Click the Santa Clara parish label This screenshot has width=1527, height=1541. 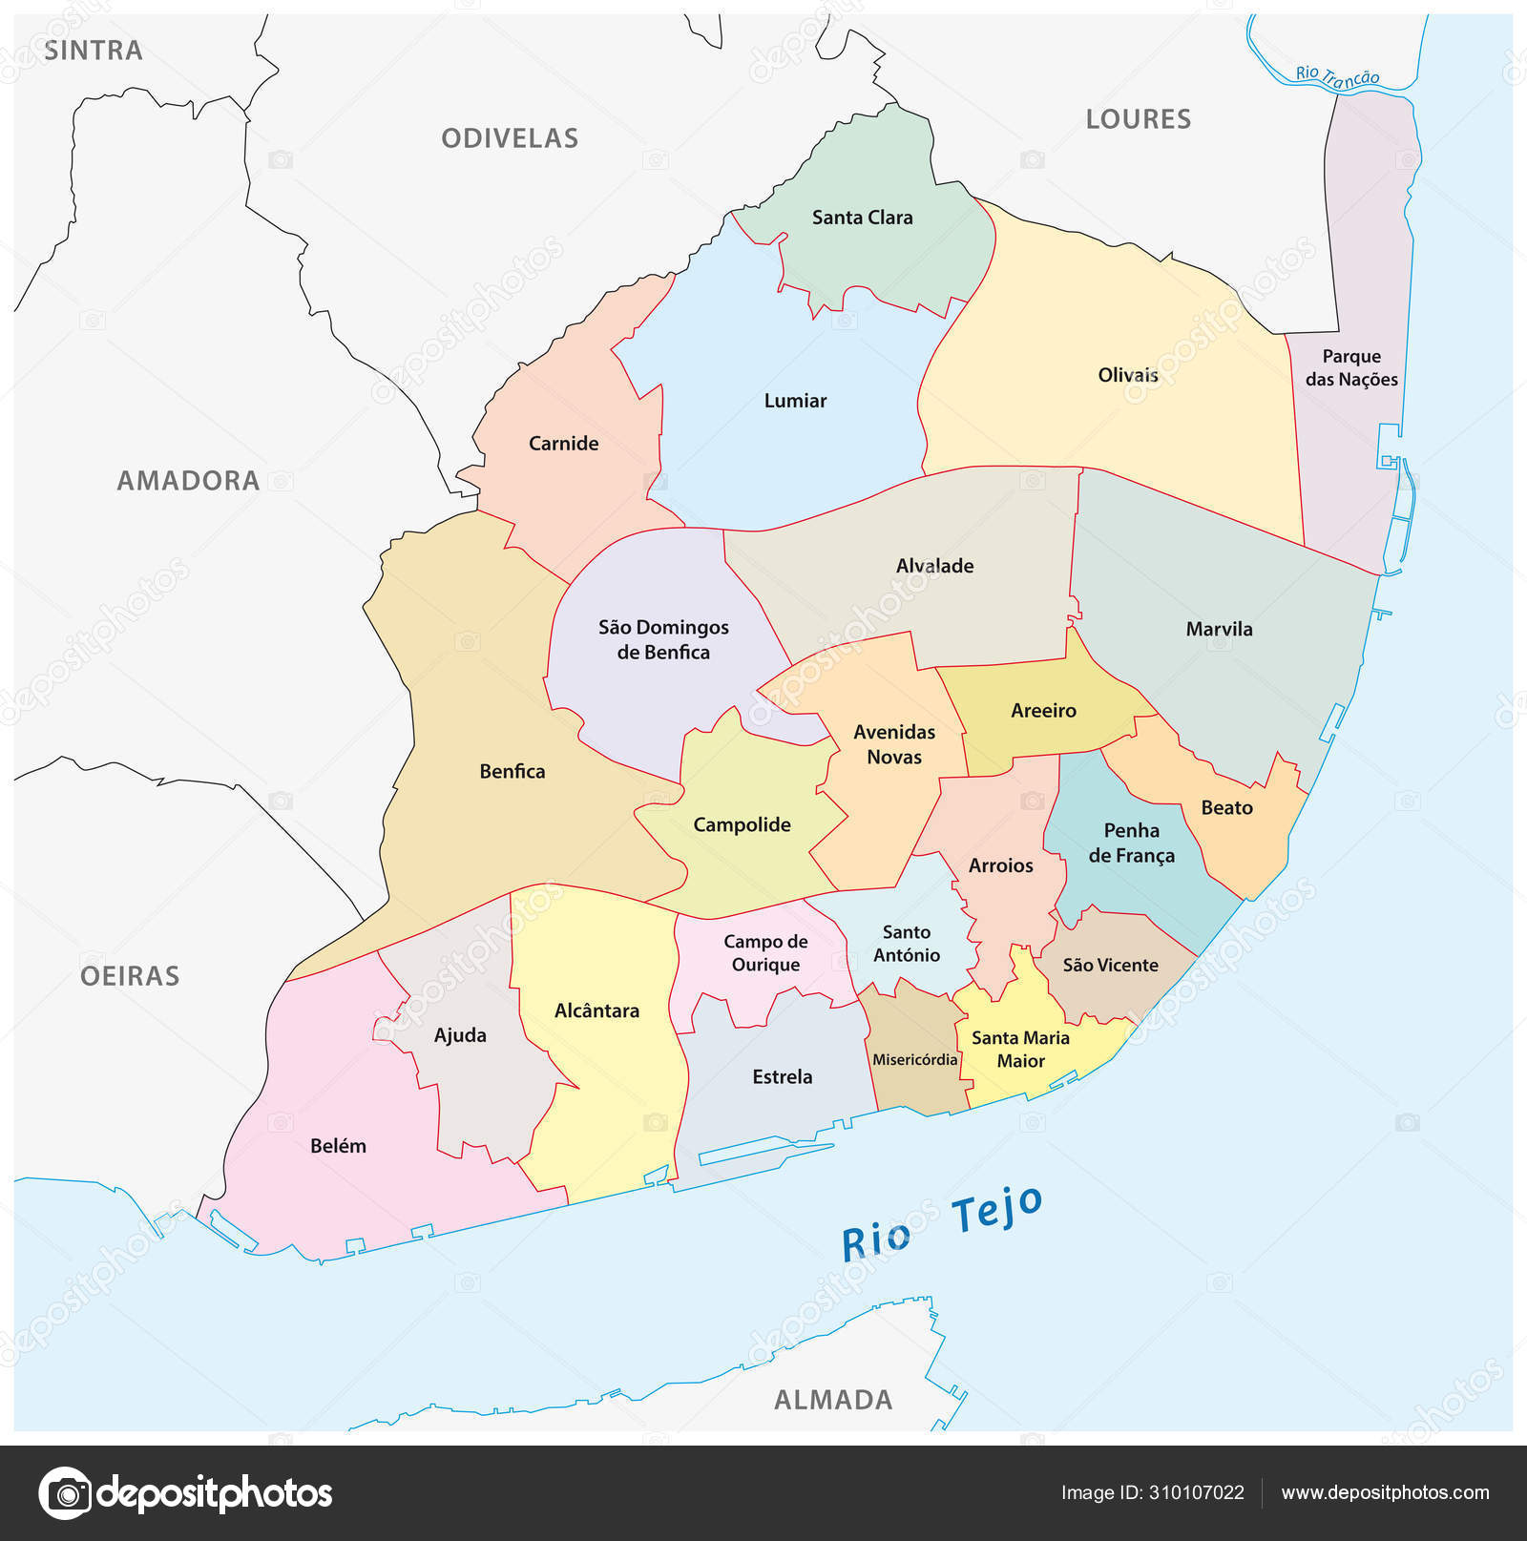862,218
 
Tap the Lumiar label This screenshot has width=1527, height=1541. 795,401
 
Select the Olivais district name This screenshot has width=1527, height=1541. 1127,375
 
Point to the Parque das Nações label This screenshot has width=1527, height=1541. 1351,367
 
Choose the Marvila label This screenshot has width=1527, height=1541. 1219,629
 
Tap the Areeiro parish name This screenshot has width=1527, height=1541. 1043,711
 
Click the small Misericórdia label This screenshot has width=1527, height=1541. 914,1059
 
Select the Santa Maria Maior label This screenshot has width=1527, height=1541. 1020,1049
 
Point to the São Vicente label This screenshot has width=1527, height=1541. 1110,965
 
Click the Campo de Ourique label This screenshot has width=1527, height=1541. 765,952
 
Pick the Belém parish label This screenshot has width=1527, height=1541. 338,1146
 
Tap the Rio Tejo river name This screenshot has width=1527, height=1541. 941,1225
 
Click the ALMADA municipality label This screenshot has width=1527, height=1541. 833,1400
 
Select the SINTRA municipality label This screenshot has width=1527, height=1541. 94,51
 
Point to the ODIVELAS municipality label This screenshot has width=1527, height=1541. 510,138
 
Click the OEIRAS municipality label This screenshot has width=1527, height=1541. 130,976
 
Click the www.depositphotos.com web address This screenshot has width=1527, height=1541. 1385,1492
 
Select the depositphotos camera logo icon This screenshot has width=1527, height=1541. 66,1492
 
